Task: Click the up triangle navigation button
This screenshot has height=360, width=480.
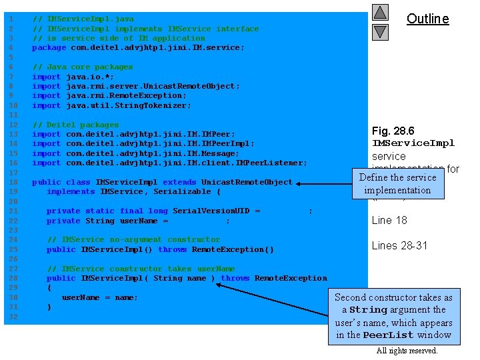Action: click(x=380, y=13)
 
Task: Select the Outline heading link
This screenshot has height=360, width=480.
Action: click(x=427, y=19)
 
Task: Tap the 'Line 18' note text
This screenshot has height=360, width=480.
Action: click(x=389, y=221)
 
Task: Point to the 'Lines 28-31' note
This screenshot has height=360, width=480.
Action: click(x=399, y=245)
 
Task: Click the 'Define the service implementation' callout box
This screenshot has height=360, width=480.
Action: click(x=397, y=184)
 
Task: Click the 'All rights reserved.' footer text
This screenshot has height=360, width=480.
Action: click(x=407, y=351)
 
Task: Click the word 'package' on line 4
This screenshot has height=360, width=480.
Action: click(x=49, y=48)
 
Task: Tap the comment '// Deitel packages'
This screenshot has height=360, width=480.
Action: click(x=75, y=125)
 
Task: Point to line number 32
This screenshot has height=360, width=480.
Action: click(x=10, y=317)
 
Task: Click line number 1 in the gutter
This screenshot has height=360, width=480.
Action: click(x=10, y=19)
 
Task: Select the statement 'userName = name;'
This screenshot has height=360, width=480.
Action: click(x=100, y=297)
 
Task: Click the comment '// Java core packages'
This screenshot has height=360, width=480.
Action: click(x=83, y=67)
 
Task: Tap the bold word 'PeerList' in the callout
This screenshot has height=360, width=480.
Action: click(x=388, y=335)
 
